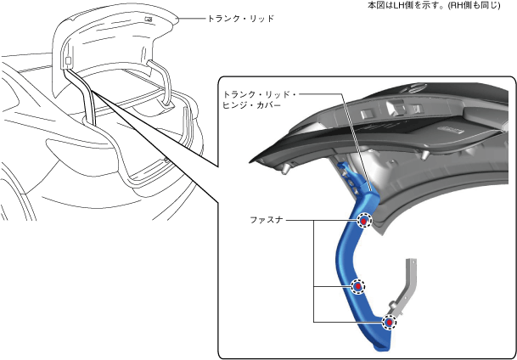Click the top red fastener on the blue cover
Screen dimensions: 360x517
364,221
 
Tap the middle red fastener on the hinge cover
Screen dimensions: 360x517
358,287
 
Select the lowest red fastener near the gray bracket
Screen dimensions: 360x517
390,322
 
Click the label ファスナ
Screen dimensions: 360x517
267,219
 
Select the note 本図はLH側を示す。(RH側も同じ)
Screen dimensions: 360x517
440,6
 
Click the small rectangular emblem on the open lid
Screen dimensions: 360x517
149,18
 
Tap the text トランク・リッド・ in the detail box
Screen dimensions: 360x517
256,93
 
